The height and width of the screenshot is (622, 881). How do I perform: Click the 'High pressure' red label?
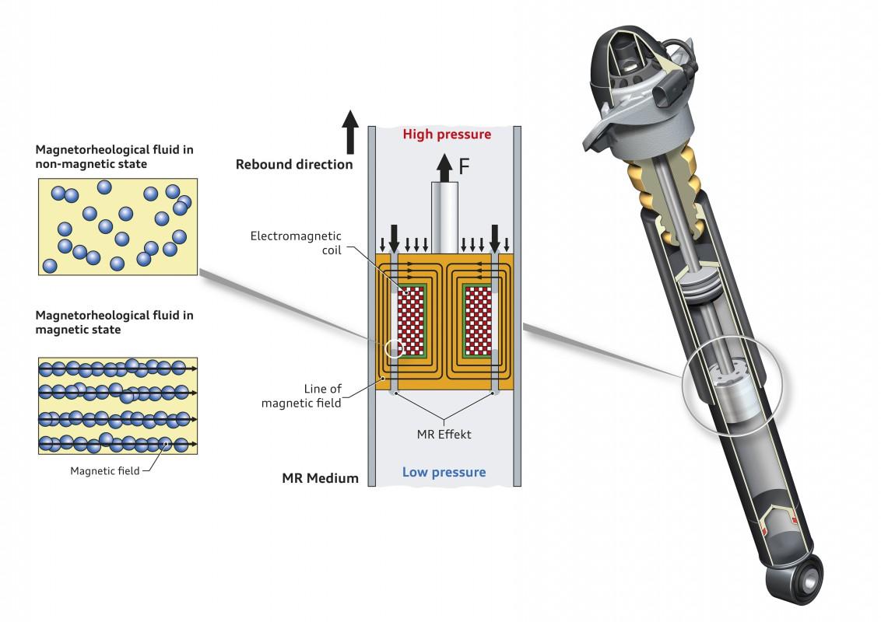(x=446, y=135)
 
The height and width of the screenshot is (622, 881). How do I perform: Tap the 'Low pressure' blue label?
(x=444, y=472)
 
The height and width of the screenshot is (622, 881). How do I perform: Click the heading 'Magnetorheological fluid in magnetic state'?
(x=114, y=323)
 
